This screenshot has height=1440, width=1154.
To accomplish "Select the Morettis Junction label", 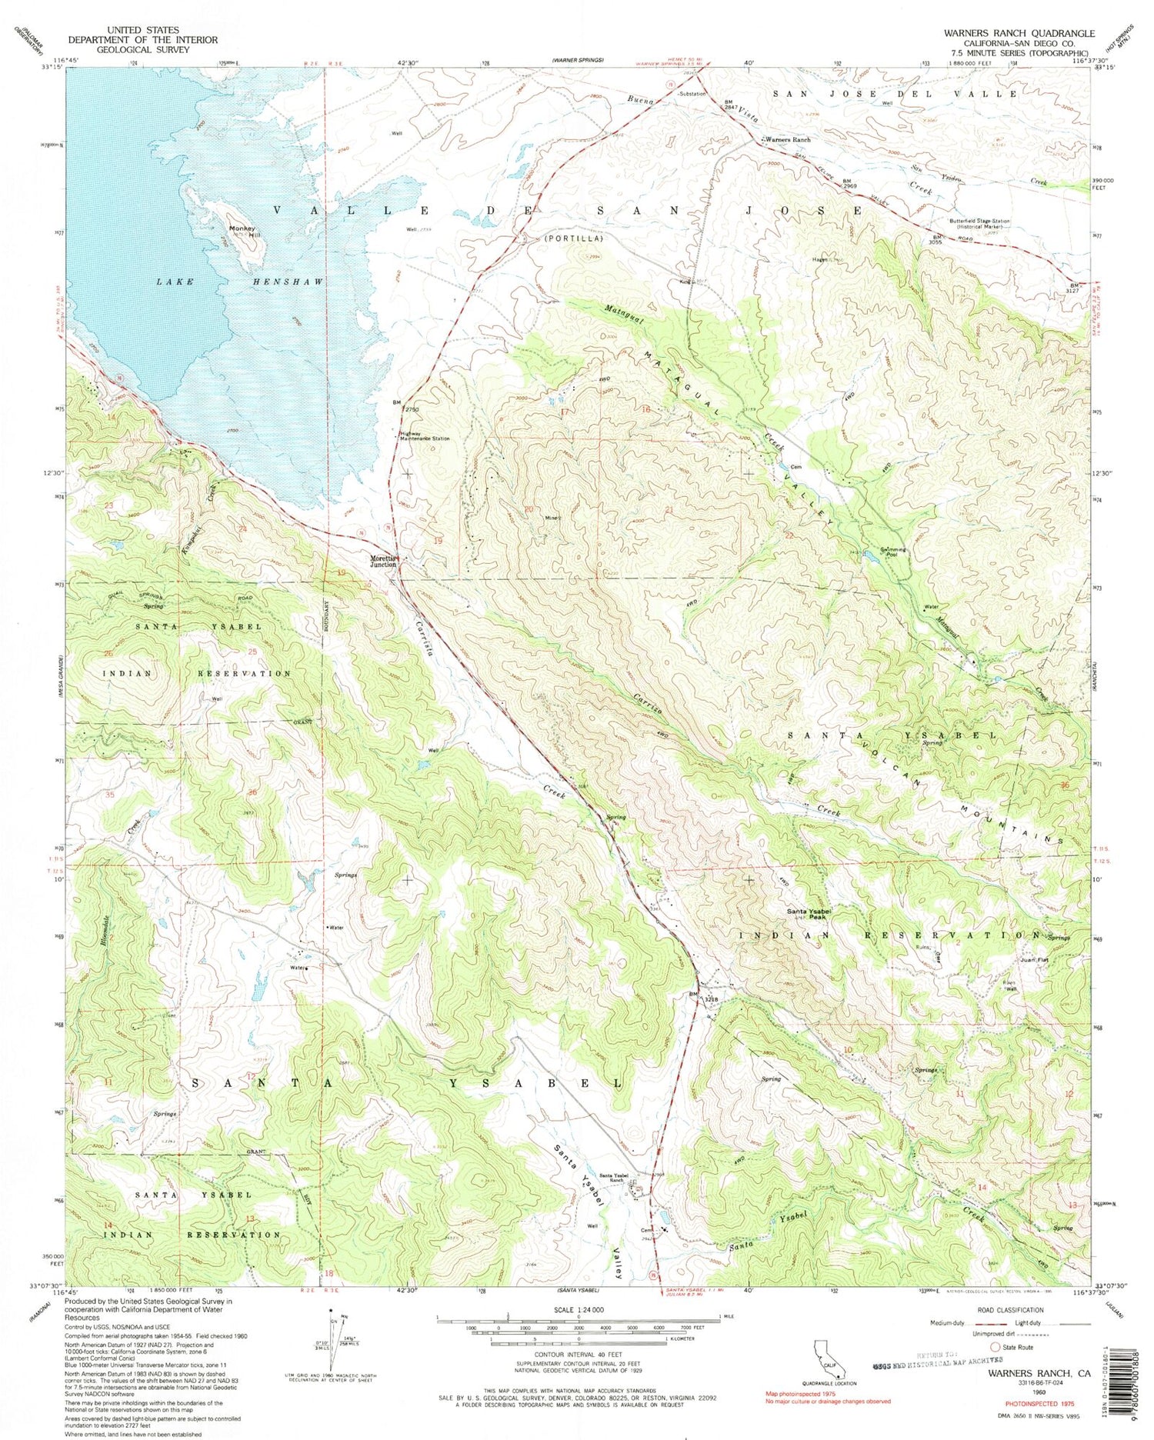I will [381, 562].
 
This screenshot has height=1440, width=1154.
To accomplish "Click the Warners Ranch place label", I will [788, 140].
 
